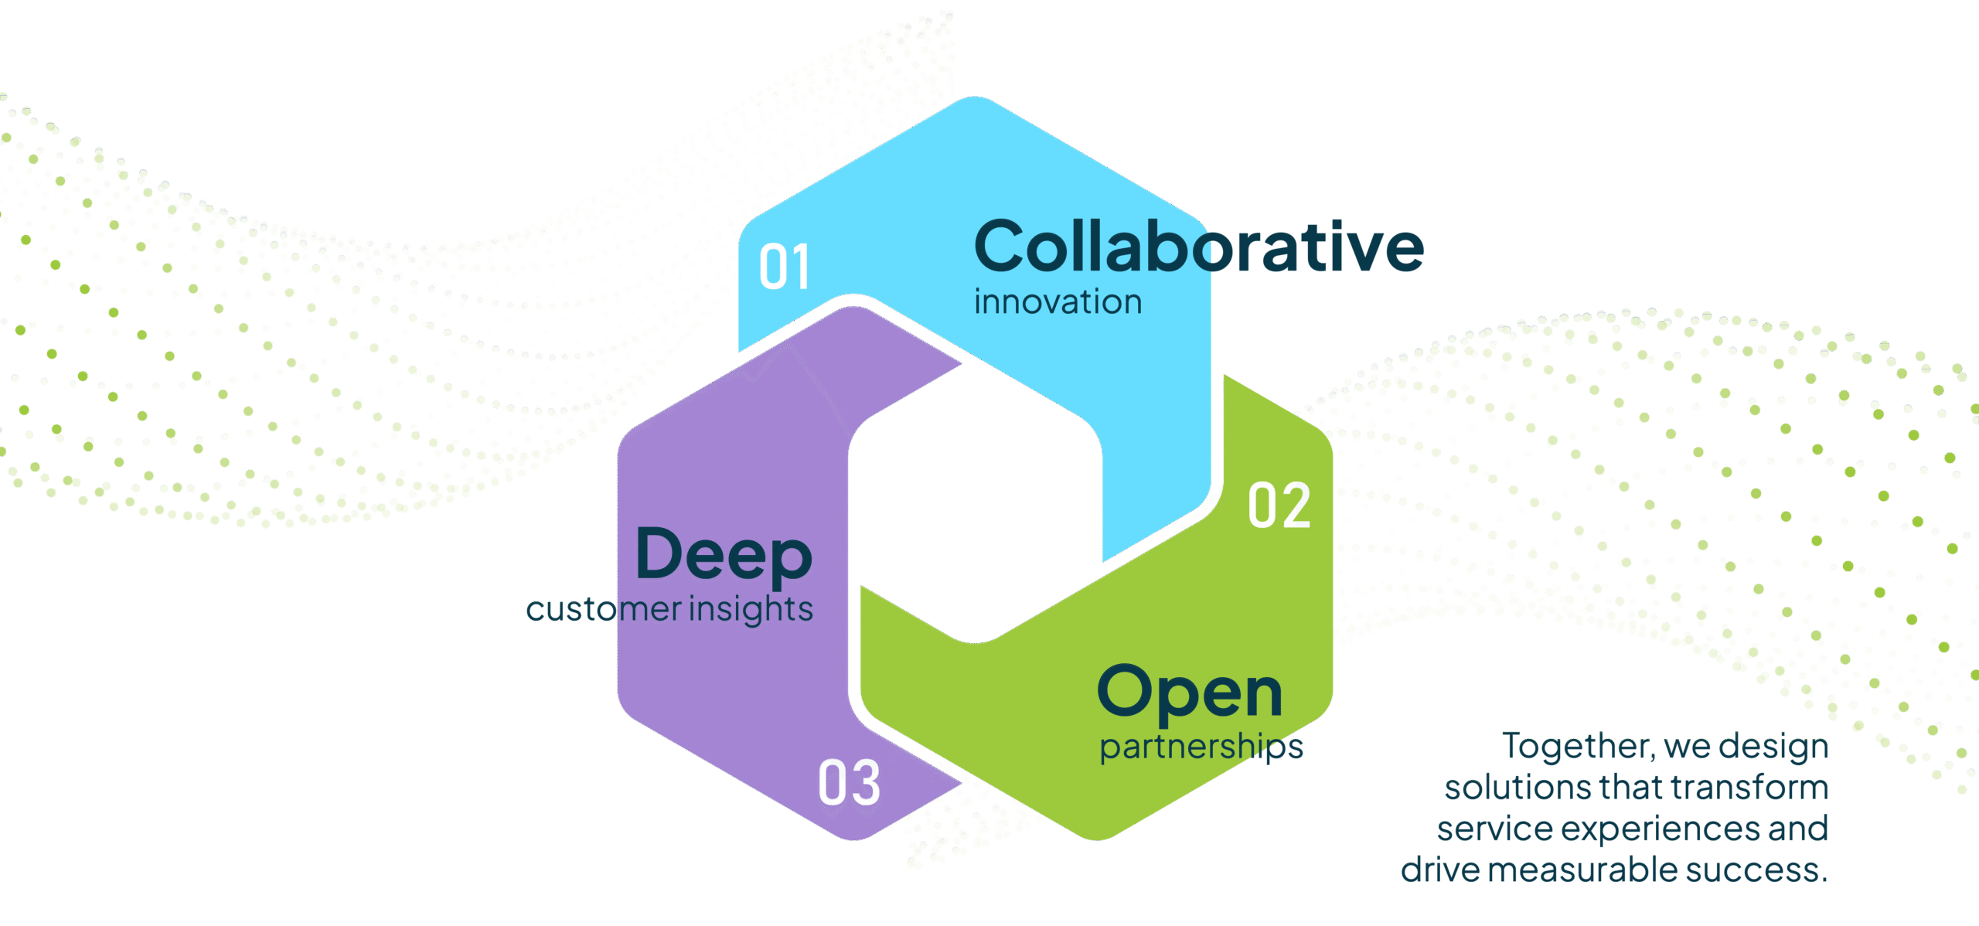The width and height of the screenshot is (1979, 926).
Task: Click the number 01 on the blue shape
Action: (784, 267)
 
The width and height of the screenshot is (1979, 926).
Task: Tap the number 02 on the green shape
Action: (1279, 506)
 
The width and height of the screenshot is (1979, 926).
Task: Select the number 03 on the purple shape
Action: (849, 782)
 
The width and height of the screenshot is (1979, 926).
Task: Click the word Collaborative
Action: (1198, 247)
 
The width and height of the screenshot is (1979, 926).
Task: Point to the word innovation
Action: (1058, 302)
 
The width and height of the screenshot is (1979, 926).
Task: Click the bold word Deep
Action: (724, 555)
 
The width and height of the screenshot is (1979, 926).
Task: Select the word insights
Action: (751, 610)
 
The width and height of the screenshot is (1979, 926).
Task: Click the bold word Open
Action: (1190, 693)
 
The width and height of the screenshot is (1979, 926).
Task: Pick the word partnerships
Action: (1201, 747)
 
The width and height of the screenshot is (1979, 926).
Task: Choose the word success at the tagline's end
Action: (1755, 870)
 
